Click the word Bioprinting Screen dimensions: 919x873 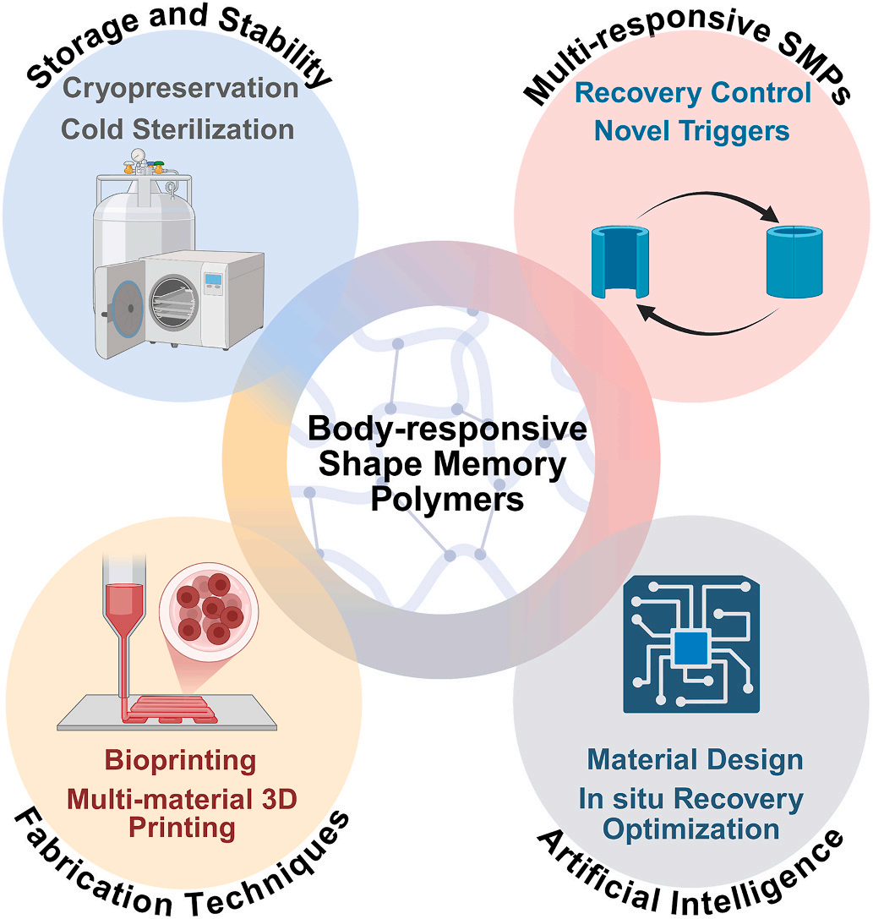click(x=180, y=759)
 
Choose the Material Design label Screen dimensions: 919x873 click(x=694, y=759)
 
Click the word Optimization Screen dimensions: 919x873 click(x=693, y=829)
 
